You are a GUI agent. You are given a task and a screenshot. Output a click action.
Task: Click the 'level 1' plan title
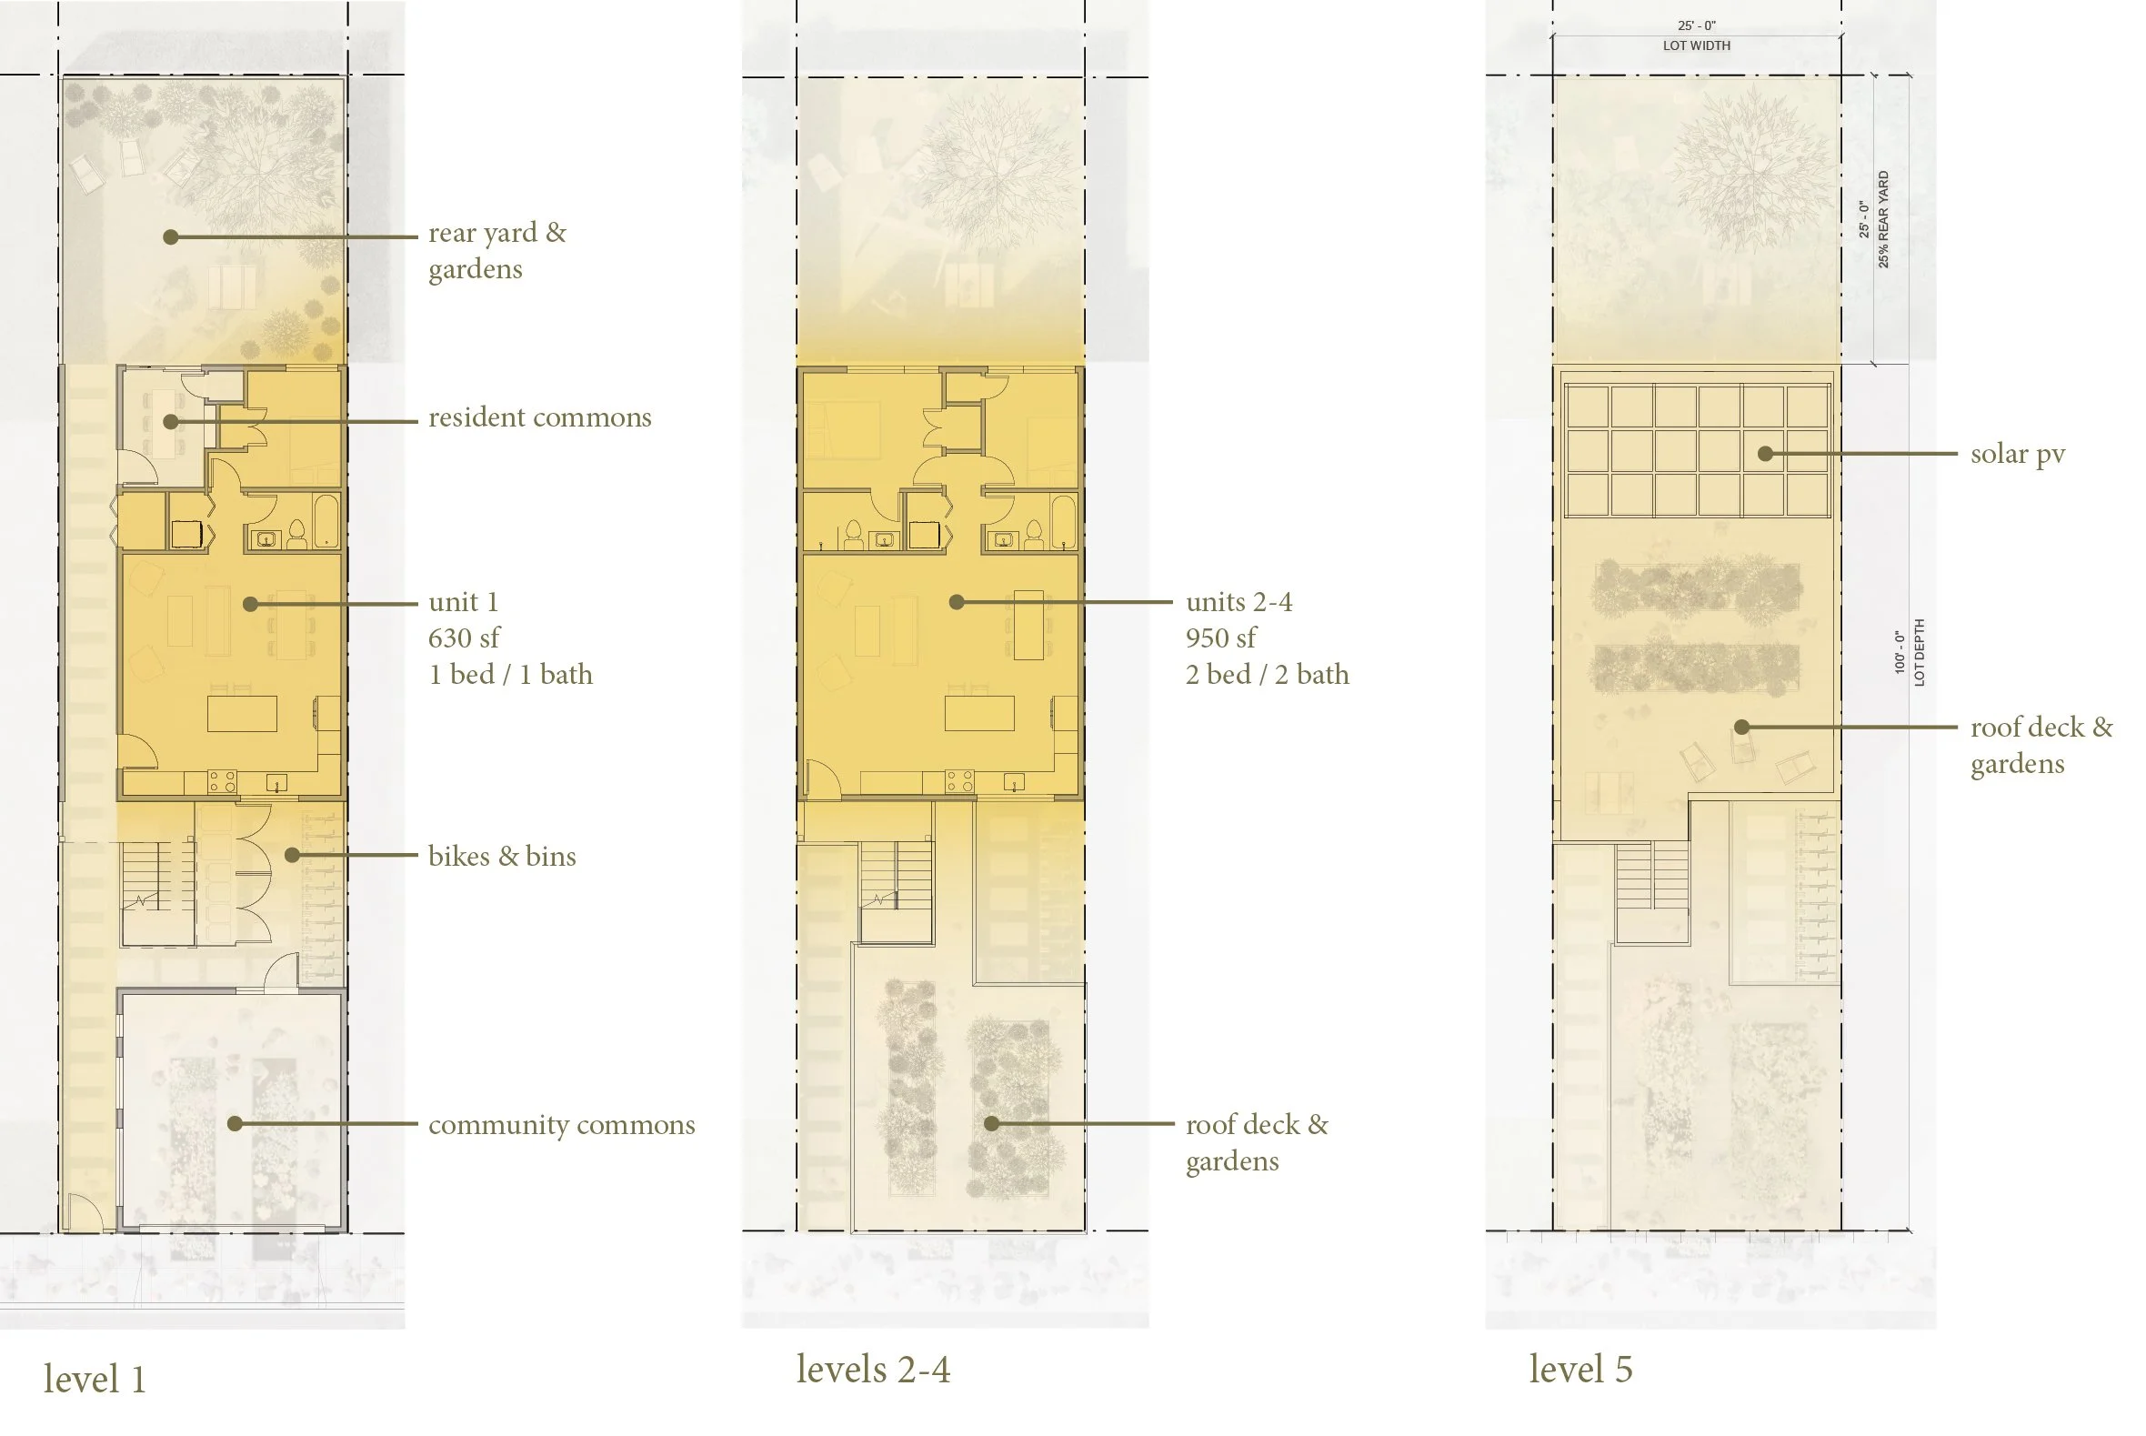click(95, 1380)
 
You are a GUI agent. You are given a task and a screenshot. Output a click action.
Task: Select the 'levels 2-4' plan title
click(874, 1369)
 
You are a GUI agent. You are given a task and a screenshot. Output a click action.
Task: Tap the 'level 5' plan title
click(1580, 1369)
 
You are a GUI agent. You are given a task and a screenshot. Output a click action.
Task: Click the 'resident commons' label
click(539, 417)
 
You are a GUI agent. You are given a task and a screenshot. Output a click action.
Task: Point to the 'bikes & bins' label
click(502, 857)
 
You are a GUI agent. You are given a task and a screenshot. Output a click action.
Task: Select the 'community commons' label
click(561, 1125)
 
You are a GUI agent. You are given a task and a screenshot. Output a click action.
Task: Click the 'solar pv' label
click(2018, 454)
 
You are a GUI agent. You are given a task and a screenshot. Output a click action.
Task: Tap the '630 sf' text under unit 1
click(464, 638)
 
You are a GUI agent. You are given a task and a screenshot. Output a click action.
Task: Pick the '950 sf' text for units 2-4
click(1221, 638)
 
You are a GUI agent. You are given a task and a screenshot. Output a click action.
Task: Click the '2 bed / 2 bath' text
click(1267, 675)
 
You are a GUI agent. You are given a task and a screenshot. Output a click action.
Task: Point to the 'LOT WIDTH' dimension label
click(1697, 45)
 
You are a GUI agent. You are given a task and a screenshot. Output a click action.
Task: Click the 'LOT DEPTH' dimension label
click(1919, 652)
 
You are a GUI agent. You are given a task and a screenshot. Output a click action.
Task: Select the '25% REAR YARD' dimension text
click(1883, 219)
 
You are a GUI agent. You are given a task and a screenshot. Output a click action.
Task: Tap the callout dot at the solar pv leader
click(1765, 453)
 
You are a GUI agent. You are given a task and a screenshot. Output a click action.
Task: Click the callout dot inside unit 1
click(250, 604)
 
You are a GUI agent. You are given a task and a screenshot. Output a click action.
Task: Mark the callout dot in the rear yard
click(170, 236)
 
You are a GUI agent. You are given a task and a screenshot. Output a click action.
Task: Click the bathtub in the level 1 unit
click(326, 521)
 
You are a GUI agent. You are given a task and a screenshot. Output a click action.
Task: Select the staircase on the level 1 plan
click(157, 877)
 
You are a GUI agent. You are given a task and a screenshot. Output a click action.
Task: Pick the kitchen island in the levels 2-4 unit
click(979, 713)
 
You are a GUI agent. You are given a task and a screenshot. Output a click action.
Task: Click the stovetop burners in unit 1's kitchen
click(222, 781)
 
